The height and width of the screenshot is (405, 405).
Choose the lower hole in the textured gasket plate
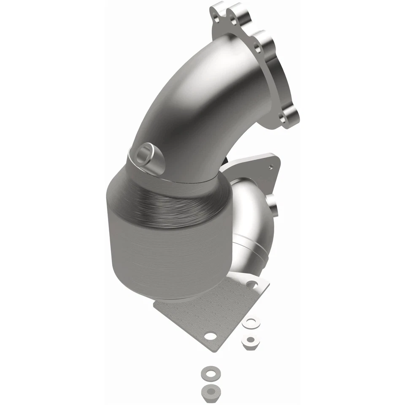[x=208, y=336]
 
